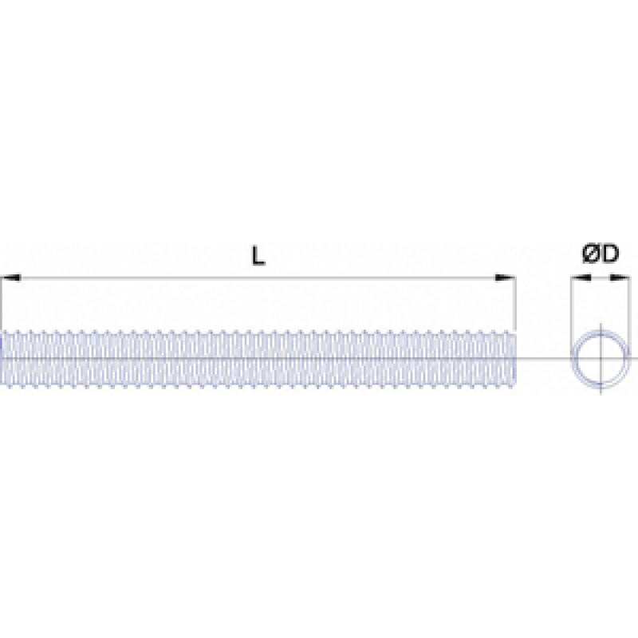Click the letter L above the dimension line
(x=258, y=256)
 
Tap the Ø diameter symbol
(x=590, y=254)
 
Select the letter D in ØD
(x=609, y=254)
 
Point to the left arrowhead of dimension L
(x=11, y=278)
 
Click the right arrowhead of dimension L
(x=505, y=278)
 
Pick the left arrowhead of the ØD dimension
(x=581, y=278)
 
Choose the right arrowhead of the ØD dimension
(x=619, y=278)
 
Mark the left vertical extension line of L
(x=2, y=303)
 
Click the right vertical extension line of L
(x=515, y=303)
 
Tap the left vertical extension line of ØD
(x=571, y=309)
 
